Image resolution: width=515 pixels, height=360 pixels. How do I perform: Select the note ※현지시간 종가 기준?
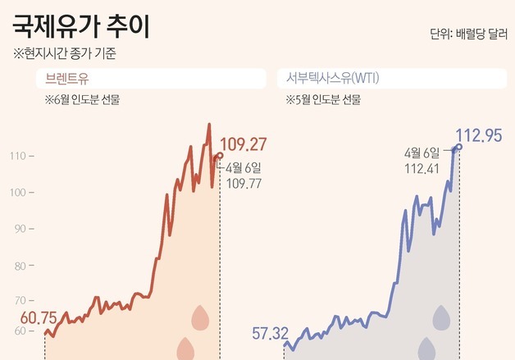point(65,55)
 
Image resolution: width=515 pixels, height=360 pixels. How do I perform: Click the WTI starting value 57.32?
point(271,334)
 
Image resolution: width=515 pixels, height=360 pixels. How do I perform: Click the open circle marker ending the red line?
point(219,155)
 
